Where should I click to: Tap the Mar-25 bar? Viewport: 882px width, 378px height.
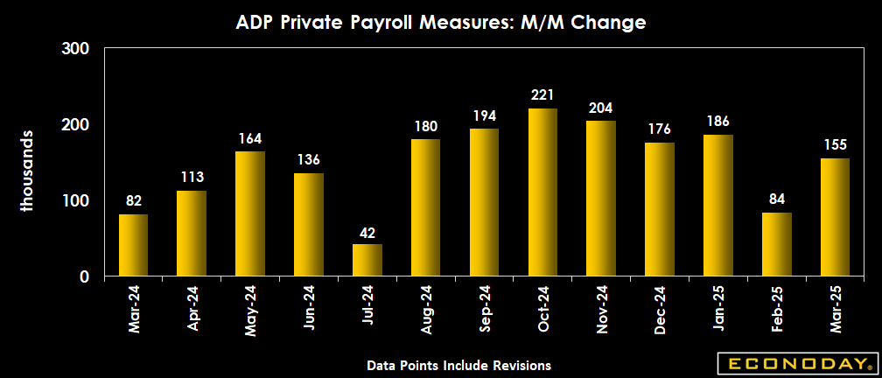(x=835, y=218)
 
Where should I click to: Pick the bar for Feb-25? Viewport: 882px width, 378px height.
(x=776, y=245)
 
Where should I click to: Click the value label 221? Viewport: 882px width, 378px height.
(x=542, y=94)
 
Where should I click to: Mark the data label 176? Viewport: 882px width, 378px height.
(x=659, y=129)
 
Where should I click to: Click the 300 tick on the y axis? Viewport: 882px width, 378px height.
(x=77, y=48)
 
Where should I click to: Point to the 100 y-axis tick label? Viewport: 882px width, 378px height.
(x=77, y=201)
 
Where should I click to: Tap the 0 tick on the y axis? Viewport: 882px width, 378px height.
(x=85, y=277)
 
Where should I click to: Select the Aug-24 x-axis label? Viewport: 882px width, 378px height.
(x=426, y=308)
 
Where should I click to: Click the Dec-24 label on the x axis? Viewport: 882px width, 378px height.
(x=659, y=308)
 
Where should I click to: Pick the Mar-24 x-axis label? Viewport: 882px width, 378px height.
(x=134, y=308)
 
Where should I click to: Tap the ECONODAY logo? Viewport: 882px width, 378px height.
(x=794, y=362)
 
